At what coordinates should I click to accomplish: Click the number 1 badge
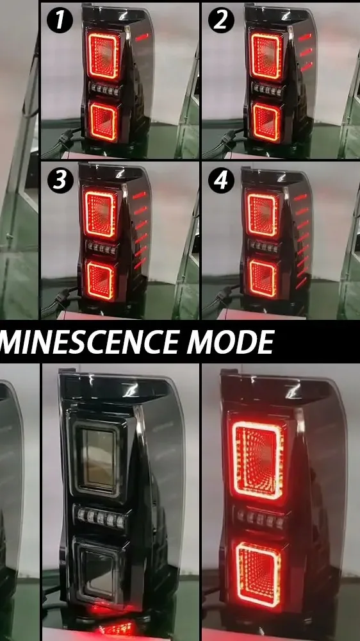[x=60, y=21]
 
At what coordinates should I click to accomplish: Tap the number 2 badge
[x=221, y=21]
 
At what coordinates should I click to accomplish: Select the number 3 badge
[x=60, y=181]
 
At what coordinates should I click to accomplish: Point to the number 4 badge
[x=221, y=181]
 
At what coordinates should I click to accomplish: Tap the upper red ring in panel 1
[x=102, y=56]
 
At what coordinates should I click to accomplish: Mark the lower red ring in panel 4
[x=263, y=280]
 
